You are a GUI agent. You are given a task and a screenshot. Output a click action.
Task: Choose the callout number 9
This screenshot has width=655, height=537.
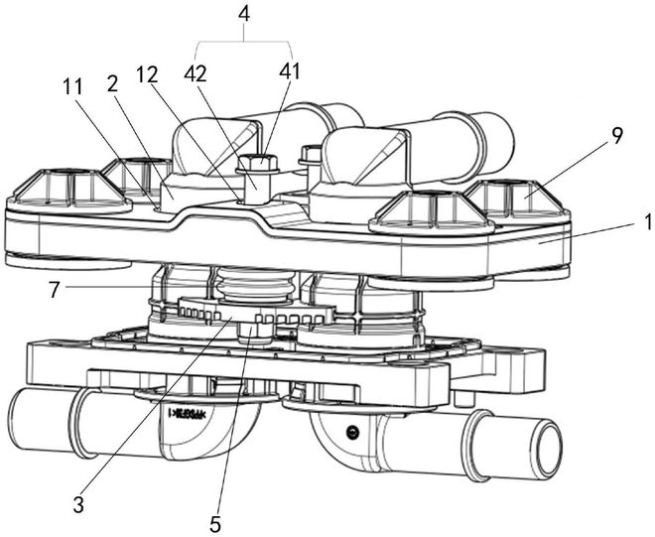tap(617, 137)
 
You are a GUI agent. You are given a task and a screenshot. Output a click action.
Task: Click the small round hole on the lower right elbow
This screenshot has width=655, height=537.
tap(351, 432)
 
